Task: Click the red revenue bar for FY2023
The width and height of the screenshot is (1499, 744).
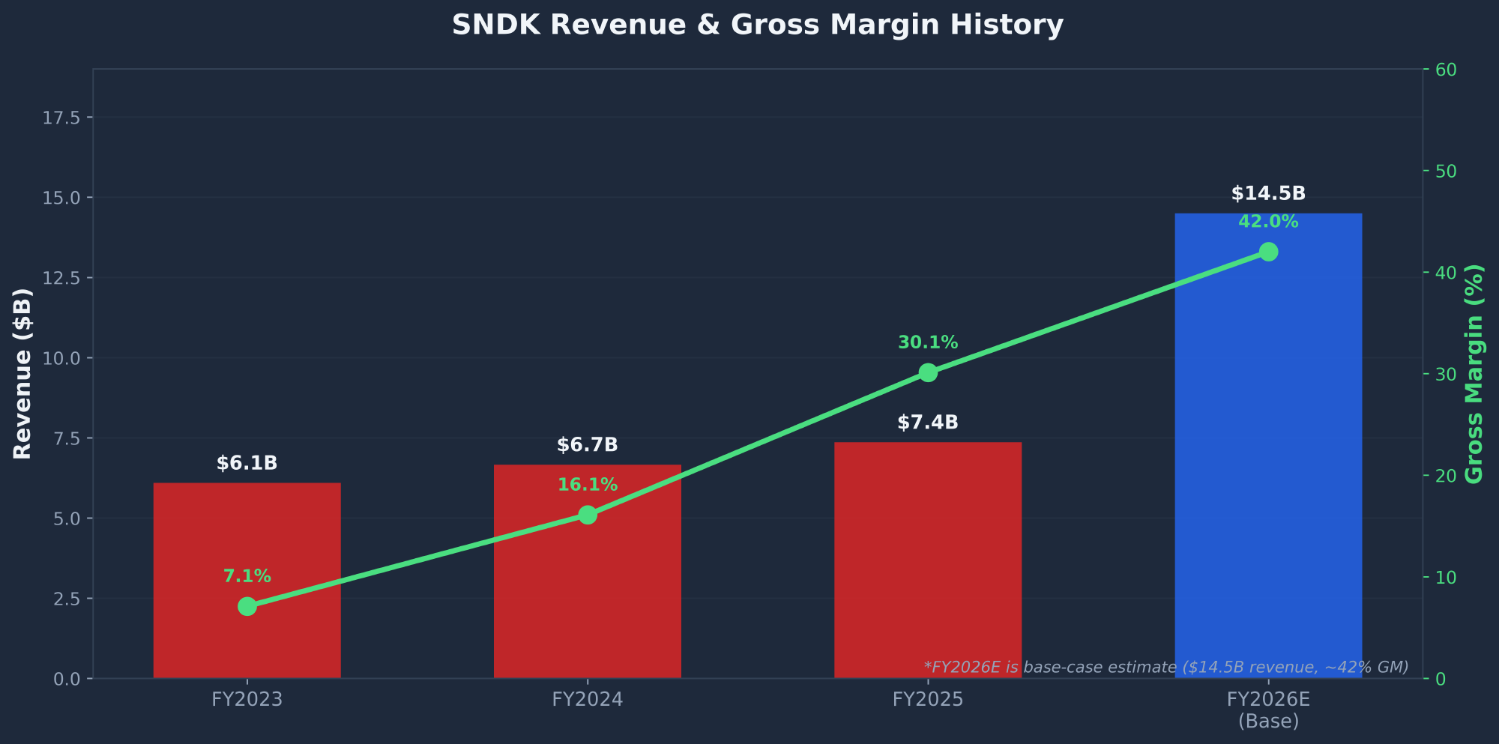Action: click(x=247, y=539)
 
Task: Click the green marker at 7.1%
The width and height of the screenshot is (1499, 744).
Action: click(x=247, y=606)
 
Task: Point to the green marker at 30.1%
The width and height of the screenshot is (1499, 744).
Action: click(x=928, y=372)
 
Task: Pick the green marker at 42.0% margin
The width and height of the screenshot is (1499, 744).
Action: click(x=1268, y=252)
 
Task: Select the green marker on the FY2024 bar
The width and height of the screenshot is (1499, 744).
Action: click(x=588, y=515)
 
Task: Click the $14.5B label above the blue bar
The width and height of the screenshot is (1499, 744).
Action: click(x=1268, y=194)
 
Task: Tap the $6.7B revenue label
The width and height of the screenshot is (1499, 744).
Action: click(x=587, y=445)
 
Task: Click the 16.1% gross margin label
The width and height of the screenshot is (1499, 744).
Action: click(x=587, y=485)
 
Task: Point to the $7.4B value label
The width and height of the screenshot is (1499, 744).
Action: click(x=927, y=423)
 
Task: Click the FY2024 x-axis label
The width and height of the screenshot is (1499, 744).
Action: click(x=587, y=700)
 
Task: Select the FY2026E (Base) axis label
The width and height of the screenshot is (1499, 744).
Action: click(x=1268, y=710)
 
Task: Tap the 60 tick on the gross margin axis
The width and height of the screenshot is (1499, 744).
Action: click(x=1446, y=70)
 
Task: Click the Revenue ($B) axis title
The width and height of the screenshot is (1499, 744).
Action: click(x=22, y=373)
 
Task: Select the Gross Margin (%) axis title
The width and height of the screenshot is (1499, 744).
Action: click(x=1474, y=373)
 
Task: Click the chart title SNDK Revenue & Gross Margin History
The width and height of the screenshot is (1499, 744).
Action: click(x=757, y=25)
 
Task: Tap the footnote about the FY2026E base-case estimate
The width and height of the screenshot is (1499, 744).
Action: click(x=1165, y=667)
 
